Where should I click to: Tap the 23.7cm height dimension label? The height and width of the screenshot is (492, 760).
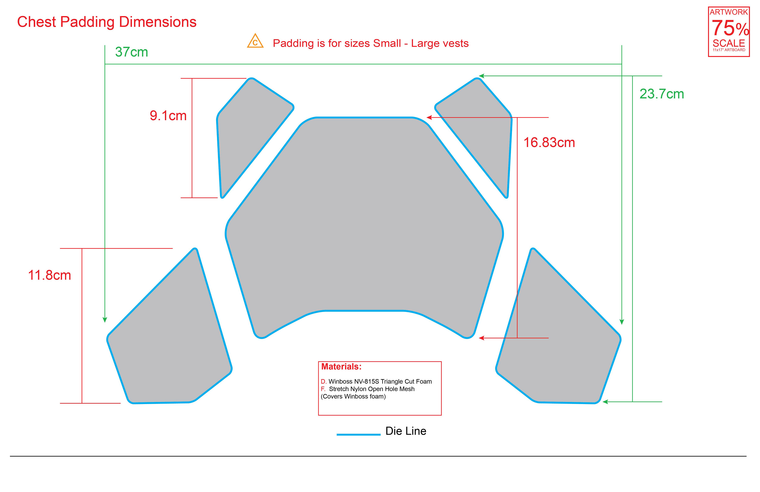(x=662, y=94)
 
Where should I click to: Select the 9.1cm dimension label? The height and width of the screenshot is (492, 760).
(x=168, y=116)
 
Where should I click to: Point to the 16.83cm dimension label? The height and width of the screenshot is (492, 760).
(x=549, y=142)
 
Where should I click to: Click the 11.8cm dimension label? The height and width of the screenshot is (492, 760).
(x=49, y=275)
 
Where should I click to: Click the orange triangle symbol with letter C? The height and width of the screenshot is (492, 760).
(x=255, y=41)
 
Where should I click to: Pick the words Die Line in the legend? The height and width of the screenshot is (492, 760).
(x=406, y=431)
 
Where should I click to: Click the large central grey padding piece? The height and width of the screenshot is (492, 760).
(x=364, y=224)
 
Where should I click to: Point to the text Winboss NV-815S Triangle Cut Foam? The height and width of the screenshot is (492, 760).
(x=380, y=381)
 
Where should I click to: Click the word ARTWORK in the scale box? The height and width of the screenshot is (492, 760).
(x=729, y=12)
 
